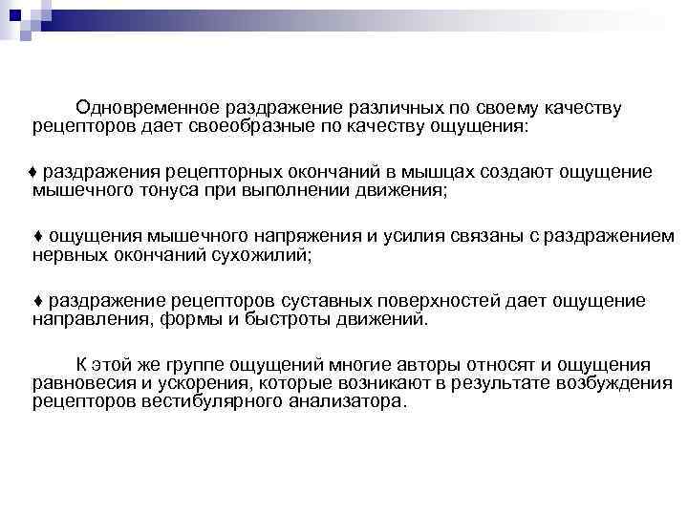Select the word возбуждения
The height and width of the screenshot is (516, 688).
tap(608, 384)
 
